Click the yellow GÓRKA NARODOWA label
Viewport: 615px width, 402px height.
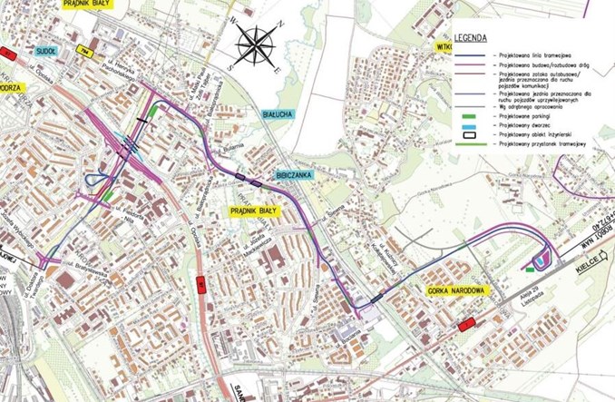click(453, 291)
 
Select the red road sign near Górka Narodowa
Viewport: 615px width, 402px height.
click(467, 323)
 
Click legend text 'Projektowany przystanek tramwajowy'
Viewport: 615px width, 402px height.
click(541, 143)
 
